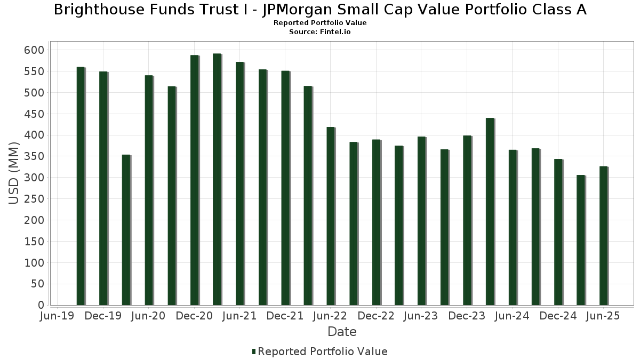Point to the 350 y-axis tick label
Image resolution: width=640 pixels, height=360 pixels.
point(34,157)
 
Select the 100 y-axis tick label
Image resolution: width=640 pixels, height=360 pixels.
point(34,263)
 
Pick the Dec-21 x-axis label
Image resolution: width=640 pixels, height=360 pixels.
point(285,316)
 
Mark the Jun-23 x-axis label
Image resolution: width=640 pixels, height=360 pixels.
point(421,316)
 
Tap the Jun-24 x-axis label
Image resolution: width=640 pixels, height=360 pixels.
point(512,316)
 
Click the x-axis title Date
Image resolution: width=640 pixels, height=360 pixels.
point(342,332)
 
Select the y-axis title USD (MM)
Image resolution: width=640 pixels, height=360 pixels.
point(14,173)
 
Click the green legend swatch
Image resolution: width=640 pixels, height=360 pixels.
point(254,351)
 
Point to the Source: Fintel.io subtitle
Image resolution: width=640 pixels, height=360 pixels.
point(320,32)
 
